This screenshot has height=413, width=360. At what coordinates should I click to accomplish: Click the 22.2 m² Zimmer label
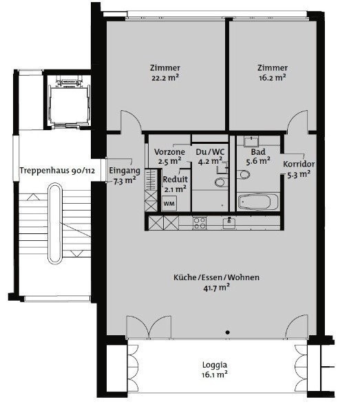point(165,72)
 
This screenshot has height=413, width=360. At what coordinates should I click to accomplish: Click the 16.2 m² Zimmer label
point(272,72)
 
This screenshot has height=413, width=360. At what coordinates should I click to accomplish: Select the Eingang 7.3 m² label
point(125,176)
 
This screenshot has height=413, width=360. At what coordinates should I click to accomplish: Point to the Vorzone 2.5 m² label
point(169,156)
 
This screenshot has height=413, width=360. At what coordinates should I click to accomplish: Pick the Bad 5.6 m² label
point(258,156)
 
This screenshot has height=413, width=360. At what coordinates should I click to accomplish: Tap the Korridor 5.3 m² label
point(299,169)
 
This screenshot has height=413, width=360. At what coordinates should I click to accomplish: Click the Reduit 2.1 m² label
point(176,183)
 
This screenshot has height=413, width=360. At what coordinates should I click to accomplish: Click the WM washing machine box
point(169,204)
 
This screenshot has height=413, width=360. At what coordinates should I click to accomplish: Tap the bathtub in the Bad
point(258,202)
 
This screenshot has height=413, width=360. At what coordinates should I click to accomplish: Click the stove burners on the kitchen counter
point(200,222)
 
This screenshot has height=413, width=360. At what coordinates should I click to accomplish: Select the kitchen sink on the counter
point(229,222)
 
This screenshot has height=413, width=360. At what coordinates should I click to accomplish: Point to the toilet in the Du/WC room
point(220,182)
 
